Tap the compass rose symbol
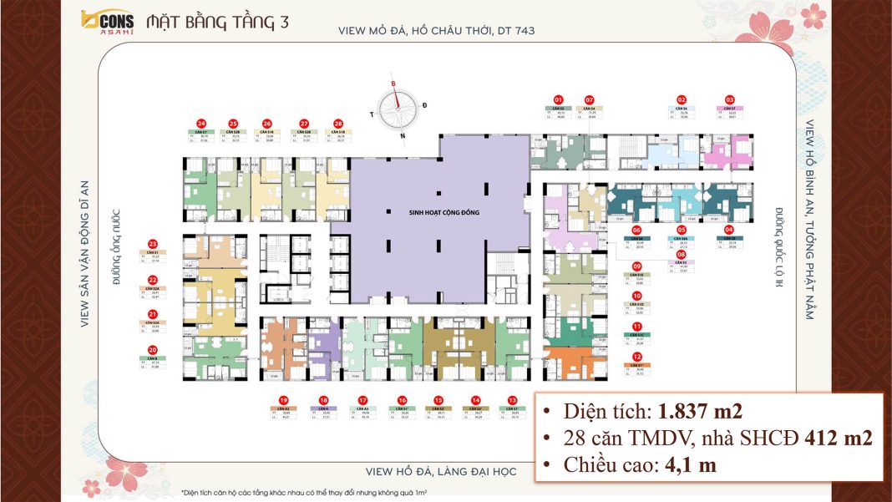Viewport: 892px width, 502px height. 399,107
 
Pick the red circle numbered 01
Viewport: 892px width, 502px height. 559,99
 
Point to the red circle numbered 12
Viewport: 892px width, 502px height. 637,357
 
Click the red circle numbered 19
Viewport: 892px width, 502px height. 284,400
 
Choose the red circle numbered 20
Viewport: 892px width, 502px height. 153,351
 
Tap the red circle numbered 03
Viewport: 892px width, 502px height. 729,99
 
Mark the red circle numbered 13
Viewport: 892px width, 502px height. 512,400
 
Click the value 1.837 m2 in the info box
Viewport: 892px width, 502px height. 699,411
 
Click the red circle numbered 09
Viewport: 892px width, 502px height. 636,266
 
